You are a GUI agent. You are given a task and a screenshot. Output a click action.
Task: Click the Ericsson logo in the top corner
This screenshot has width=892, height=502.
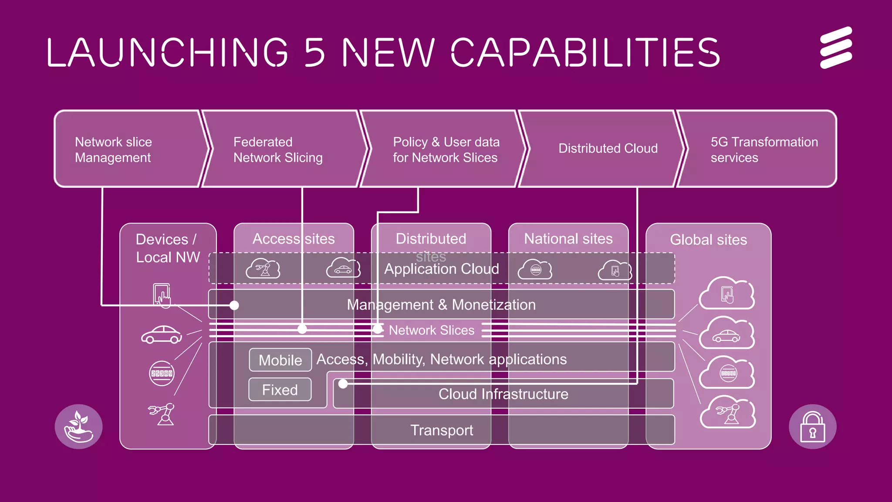(x=836, y=47)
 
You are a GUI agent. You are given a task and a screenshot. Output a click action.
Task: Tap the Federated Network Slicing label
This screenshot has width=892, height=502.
(x=278, y=149)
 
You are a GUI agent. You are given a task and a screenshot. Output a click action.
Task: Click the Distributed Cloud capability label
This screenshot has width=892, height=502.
(x=608, y=149)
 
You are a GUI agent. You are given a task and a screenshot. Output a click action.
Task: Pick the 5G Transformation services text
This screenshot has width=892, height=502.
(x=764, y=149)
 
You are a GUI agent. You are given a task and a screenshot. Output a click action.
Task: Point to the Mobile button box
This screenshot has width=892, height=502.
(x=280, y=360)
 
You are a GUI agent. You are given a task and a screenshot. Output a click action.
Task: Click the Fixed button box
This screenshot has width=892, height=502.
(x=280, y=390)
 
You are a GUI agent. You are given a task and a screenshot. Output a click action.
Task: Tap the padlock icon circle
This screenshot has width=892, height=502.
(x=812, y=427)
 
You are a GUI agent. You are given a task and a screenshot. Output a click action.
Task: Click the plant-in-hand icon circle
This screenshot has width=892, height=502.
(x=79, y=427)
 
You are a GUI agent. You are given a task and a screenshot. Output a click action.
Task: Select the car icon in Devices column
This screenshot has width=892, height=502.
(x=161, y=335)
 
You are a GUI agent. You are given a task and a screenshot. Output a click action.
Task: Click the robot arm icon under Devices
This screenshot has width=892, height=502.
(x=162, y=414)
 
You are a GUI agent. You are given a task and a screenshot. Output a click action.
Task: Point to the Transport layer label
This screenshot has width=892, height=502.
(x=442, y=430)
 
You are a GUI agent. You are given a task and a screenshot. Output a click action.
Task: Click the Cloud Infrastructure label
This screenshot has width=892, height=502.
(x=503, y=394)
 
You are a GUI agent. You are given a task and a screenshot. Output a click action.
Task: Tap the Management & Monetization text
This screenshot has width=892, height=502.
(x=441, y=305)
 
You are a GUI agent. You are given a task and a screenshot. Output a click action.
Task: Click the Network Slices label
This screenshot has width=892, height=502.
(x=431, y=330)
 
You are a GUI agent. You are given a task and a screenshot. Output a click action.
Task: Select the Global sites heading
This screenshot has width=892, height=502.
(x=708, y=240)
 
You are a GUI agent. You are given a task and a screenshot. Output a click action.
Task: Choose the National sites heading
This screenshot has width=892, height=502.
(x=568, y=239)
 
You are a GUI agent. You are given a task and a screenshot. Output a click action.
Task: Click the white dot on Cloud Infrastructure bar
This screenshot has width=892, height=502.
(x=343, y=384)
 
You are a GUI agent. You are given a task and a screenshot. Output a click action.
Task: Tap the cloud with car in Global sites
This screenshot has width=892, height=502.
(x=726, y=334)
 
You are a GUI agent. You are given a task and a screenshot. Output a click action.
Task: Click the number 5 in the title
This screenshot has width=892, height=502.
(x=314, y=52)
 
